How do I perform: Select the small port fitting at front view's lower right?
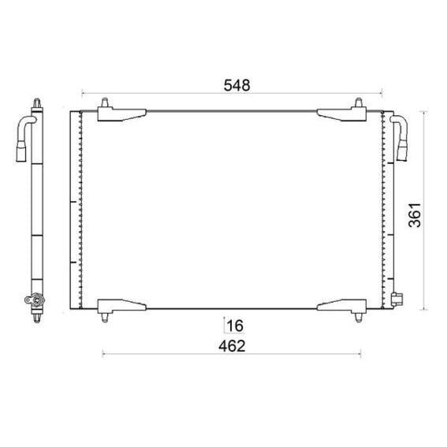(x=395, y=299)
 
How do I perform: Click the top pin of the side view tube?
(x=38, y=103)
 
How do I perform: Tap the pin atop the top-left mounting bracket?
(x=106, y=103)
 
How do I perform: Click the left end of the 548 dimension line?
(x=81, y=93)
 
